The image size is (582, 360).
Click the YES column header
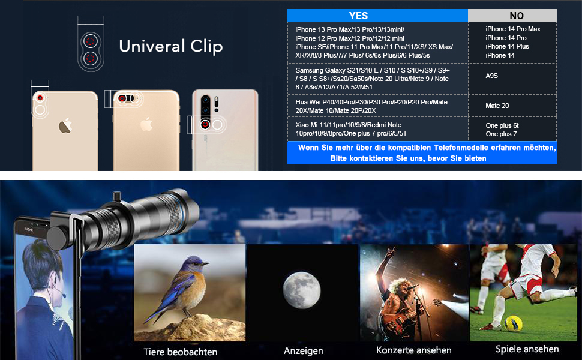359,16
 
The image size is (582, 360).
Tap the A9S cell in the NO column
492,76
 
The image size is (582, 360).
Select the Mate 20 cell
497,106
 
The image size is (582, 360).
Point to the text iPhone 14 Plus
507,46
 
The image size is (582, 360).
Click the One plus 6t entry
502,125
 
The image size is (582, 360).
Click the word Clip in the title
203,46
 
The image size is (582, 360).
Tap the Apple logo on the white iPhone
65,125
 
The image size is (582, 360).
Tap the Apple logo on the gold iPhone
146,124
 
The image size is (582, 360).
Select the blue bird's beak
205,264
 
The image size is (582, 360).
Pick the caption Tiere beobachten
181,352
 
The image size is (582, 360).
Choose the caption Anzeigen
304,351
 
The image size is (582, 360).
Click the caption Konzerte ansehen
414,350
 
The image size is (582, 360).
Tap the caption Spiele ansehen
527,349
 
